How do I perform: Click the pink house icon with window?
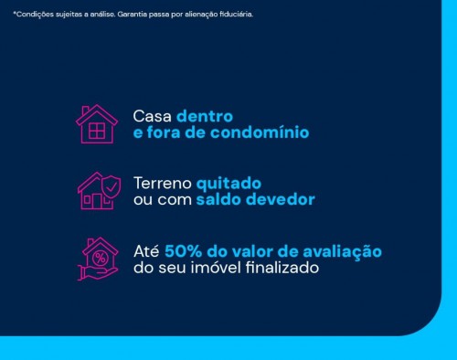(x=96, y=124)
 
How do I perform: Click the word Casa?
(x=152, y=117)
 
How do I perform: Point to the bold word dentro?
(x=205, y=117)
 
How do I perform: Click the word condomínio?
(x=266, y=132)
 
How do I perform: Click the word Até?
(x=146, y=251)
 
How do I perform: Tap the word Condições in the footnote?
(x=30, y=15)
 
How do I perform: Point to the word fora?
(x=165, y=132)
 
